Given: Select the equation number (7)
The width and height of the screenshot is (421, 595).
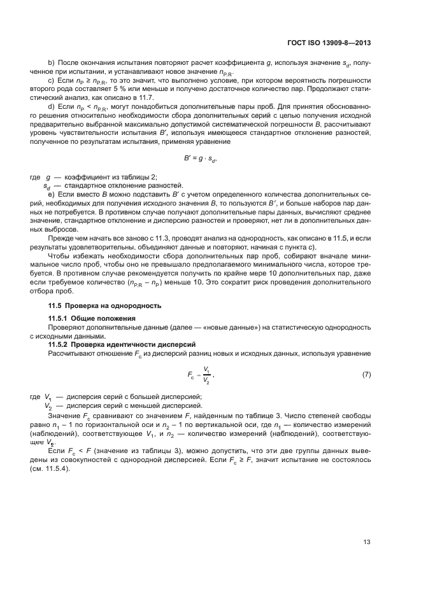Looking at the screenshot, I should pyautogui.click(x=367, y=374).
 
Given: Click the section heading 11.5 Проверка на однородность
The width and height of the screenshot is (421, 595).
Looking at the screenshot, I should pyautogui.click(x=105, y=306).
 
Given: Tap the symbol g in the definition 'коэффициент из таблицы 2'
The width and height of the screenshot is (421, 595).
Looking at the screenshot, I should pyautogui.click(x=47, y=176).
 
